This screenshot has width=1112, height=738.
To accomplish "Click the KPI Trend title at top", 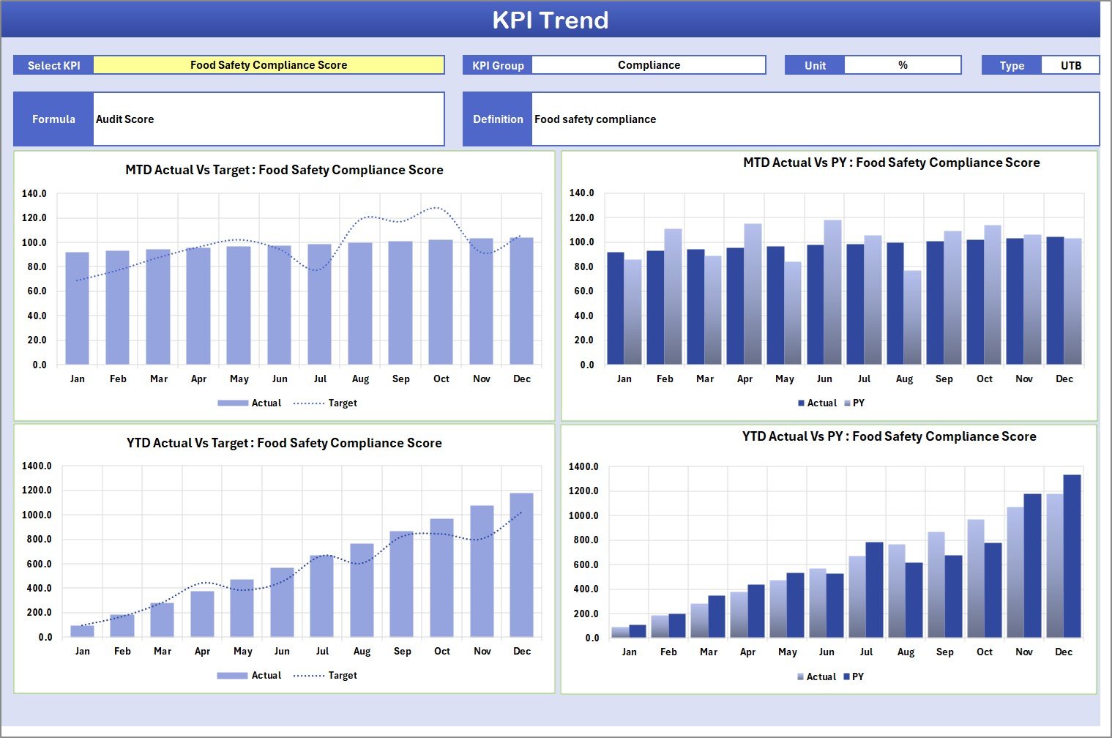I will pos(550,20).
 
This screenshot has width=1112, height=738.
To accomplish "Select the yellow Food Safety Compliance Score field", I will pos(269,65).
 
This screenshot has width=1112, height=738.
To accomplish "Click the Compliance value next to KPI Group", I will pos(649,65).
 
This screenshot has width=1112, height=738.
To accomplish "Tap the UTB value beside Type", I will pos(1070,65).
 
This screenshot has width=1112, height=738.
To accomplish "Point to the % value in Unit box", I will pos(903,65).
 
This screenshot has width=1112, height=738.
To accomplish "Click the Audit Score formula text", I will pos(125,119).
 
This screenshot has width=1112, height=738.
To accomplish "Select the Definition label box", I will pos(498,119).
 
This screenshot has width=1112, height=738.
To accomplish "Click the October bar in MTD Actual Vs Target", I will pos(441,302).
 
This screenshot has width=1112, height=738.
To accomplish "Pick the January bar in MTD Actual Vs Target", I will pos(78,307).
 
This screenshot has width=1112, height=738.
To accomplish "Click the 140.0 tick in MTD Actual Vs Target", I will pos(34,194).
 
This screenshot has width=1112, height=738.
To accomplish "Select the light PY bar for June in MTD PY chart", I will pos(832,293).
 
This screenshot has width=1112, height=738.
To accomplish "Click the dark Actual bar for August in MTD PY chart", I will pos(895,304).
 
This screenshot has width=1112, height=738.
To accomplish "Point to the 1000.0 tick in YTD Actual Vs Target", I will pos(37,515).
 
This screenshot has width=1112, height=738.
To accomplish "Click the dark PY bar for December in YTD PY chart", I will pos(1072,556).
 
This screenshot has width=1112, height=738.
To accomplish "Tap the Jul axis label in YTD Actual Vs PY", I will pos(866,652).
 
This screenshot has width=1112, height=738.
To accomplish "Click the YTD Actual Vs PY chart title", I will pos(889,437).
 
